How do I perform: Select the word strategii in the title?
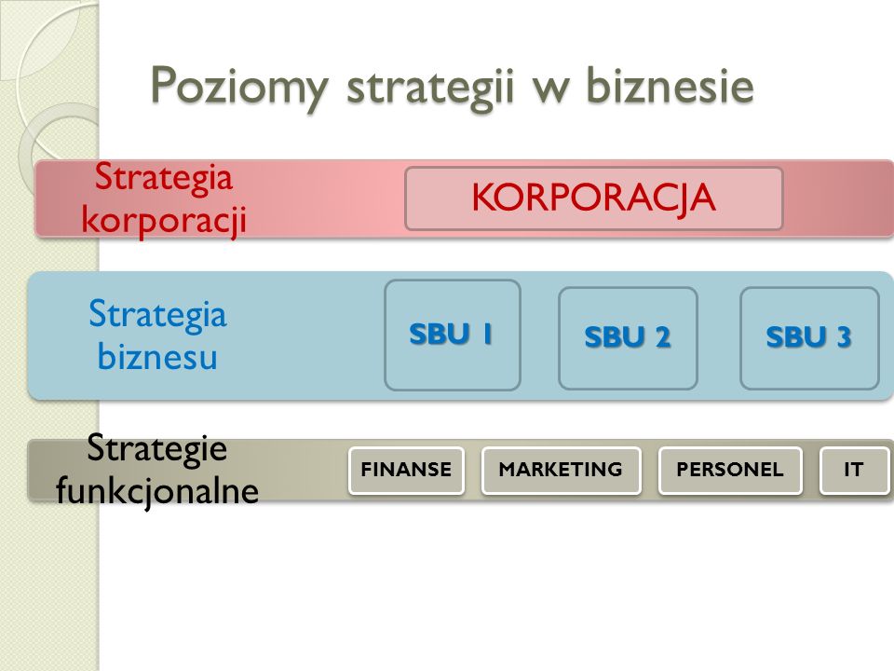coord(430,88)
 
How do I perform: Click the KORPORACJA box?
coord(593,199)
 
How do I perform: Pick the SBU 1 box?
coord(453,335)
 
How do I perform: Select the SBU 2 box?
coord(628,337)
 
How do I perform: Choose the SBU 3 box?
coord(809,337)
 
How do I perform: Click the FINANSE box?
coord(407,470)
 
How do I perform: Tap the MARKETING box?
coord(561,470)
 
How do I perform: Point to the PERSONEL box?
coord(730,470)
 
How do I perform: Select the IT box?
coord(854,470)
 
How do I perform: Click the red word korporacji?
coord(164,221)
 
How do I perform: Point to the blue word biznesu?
coord(157,357)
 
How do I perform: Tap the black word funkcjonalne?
coord(157,491)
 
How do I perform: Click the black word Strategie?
coord(156,448)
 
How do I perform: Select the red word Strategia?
coord(164,177)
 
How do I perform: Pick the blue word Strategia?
coord(158,314)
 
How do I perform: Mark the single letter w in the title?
coord(550,91)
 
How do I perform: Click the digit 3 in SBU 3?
coord(844,337)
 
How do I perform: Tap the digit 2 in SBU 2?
coord(662,337)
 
